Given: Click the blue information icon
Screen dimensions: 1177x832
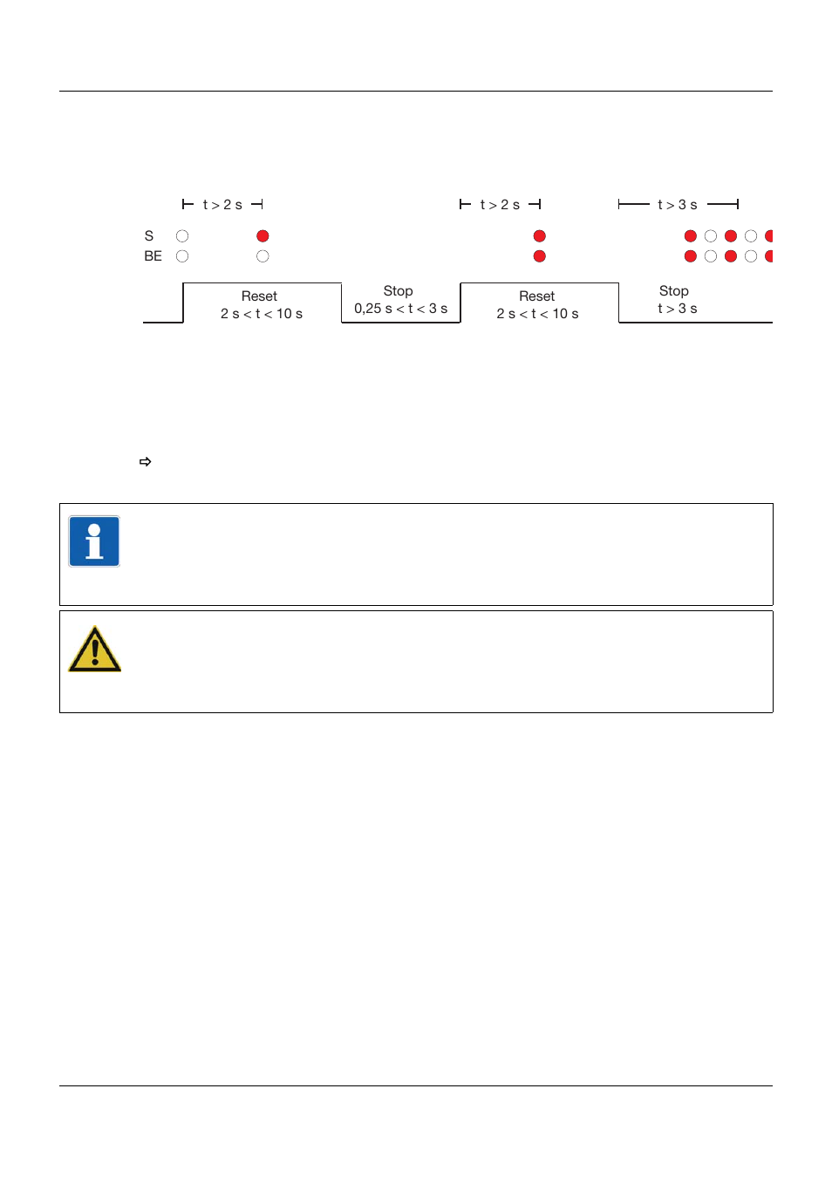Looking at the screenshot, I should click(x=94, y=541).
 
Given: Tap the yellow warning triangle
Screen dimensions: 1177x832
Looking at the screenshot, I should click(x=94, y=650).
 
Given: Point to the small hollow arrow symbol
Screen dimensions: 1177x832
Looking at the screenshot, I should click(x=146, y=462).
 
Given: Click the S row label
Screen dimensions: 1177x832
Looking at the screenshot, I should click(x=149, y=236).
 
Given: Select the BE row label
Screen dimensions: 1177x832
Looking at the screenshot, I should click(x=153, y=256).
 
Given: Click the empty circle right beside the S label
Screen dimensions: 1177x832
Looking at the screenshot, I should click(x=182, y=236).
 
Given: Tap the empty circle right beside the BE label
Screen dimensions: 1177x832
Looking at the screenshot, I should click(x=182, y=256).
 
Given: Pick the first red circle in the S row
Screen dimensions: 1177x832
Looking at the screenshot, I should click(x=263, y=236).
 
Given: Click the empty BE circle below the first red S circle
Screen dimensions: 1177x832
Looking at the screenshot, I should click(x=263, y=256).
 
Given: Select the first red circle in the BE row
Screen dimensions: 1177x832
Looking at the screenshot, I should click(x=540, y=256).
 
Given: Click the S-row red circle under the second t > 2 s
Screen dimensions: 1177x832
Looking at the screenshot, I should click(x=540, y=236).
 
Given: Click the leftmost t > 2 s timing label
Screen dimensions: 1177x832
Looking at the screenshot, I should click(x=222, y=205).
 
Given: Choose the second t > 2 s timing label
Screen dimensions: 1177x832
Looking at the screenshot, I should click(x=500, y=205).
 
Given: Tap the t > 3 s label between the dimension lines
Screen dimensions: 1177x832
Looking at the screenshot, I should click(x=678, y=205).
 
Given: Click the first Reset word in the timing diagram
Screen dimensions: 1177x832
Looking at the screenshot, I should click(x=259, y=296).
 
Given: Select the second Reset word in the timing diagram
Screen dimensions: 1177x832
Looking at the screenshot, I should click(x=536, y=296).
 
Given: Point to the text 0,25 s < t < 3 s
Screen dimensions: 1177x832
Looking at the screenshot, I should click(x=400, y=309).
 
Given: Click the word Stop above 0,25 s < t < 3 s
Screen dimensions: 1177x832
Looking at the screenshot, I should click(x=398, y=291).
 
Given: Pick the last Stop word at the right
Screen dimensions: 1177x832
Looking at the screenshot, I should click(x=673, y=291).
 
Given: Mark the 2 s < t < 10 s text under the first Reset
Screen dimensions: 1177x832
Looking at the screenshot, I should click(x=262, y=314).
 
